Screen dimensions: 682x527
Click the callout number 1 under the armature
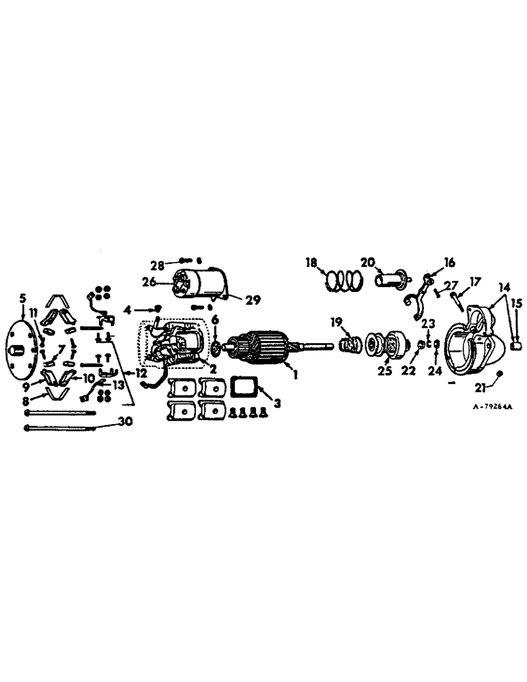(295, 375)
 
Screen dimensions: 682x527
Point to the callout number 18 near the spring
(311, 263)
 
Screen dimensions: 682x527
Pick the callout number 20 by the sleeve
(368, 263)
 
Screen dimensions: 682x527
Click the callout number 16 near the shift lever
(449, 262)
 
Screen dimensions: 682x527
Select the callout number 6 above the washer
(215, 319)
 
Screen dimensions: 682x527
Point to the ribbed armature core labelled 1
(262, 346)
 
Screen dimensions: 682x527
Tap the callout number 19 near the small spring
(336, 321)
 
